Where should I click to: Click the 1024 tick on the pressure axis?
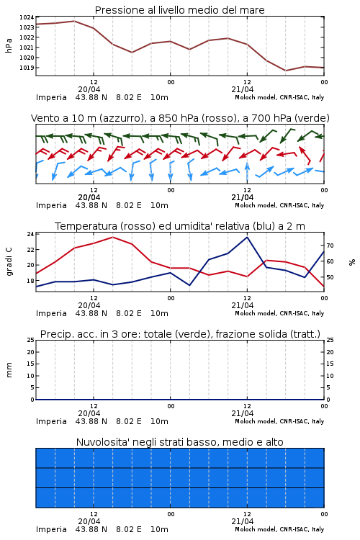pyautogui.click(x=27, y=17)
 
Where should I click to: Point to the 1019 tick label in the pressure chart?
pyautogui.click(x=27, y=68)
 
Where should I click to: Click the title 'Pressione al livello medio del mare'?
pyautogui.click(x=180, y=10)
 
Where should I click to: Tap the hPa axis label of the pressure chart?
pyautogui.click(x=9, y=45)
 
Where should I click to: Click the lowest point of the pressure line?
pyautogui.click(x=285, y=71)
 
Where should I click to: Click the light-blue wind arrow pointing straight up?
pyautogui.click(x=247, y=172)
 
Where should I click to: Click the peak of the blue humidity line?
pyautogui.click(x=247, y=237)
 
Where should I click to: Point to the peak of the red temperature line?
pyautogui.click(x=112, y=237)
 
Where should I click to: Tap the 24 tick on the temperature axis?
pyautogui.click(x=30, y=234)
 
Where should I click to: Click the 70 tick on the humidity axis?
pyautogui.click(x=330, y=246)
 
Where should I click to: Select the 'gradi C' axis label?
pyautogui.click(x=9, y=262)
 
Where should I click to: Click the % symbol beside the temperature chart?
pyautogui.click(x=352, y=262)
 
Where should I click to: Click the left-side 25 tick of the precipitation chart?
pyautogui.click(x=31, y=340)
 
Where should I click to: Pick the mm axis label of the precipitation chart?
pyautogui.click(x=9, y=370)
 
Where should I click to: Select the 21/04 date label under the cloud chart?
pyautogui.click(x=243, y=521)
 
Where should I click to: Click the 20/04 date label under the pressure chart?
pyautogui.click(x=89, y=89)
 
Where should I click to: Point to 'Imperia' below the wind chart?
pyautogui.click(x=51, y=205)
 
